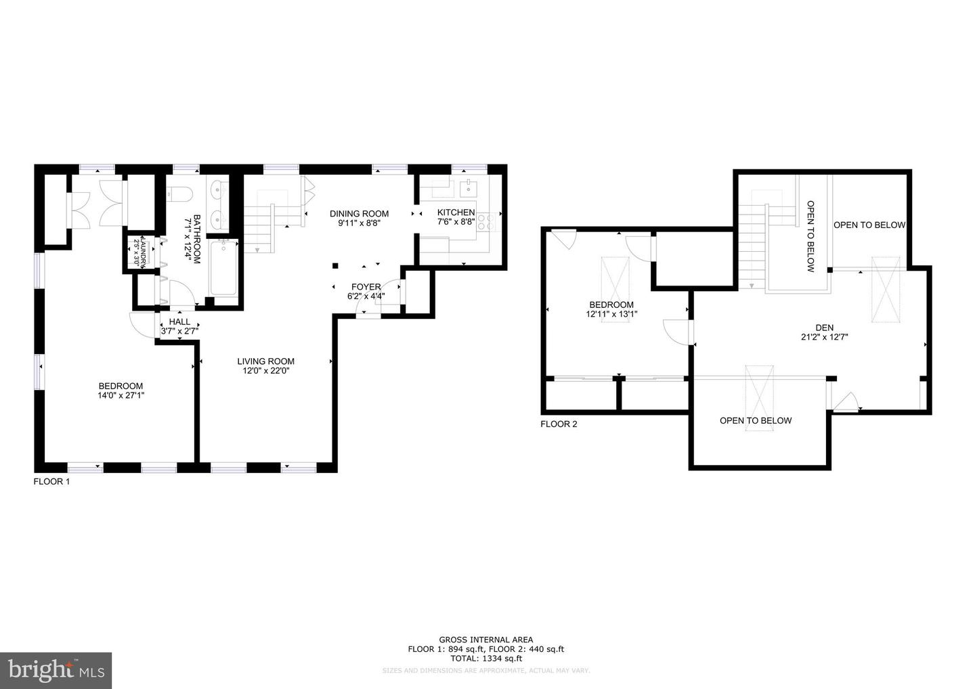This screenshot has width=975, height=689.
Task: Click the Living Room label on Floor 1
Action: tap(265, 361)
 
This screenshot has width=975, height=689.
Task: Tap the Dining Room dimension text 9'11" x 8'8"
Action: tap(359, 223)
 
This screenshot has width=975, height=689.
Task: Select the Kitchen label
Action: tap(456, 213)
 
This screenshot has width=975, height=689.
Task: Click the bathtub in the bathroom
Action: tap(223, 269)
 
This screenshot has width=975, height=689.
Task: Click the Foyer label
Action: tap(366, 287)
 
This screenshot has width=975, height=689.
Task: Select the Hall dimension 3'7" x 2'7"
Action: tap(179, 331)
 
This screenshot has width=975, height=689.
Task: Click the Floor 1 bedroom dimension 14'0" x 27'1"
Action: tap(121, 395)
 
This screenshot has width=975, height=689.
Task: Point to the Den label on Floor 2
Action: tap(824, 328)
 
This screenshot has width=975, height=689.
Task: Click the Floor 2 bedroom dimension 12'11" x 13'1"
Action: tap(611, 314)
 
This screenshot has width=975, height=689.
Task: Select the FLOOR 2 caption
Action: tap(559, 424)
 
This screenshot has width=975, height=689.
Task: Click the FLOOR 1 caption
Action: tap(51, 482)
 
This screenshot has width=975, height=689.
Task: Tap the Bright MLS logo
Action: tap(56, 670)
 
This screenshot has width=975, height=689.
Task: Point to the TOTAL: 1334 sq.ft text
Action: tap(485, 658)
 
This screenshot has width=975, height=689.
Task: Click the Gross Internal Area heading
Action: tap(485, 640)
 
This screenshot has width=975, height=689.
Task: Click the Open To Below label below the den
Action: tap(755, 420)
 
